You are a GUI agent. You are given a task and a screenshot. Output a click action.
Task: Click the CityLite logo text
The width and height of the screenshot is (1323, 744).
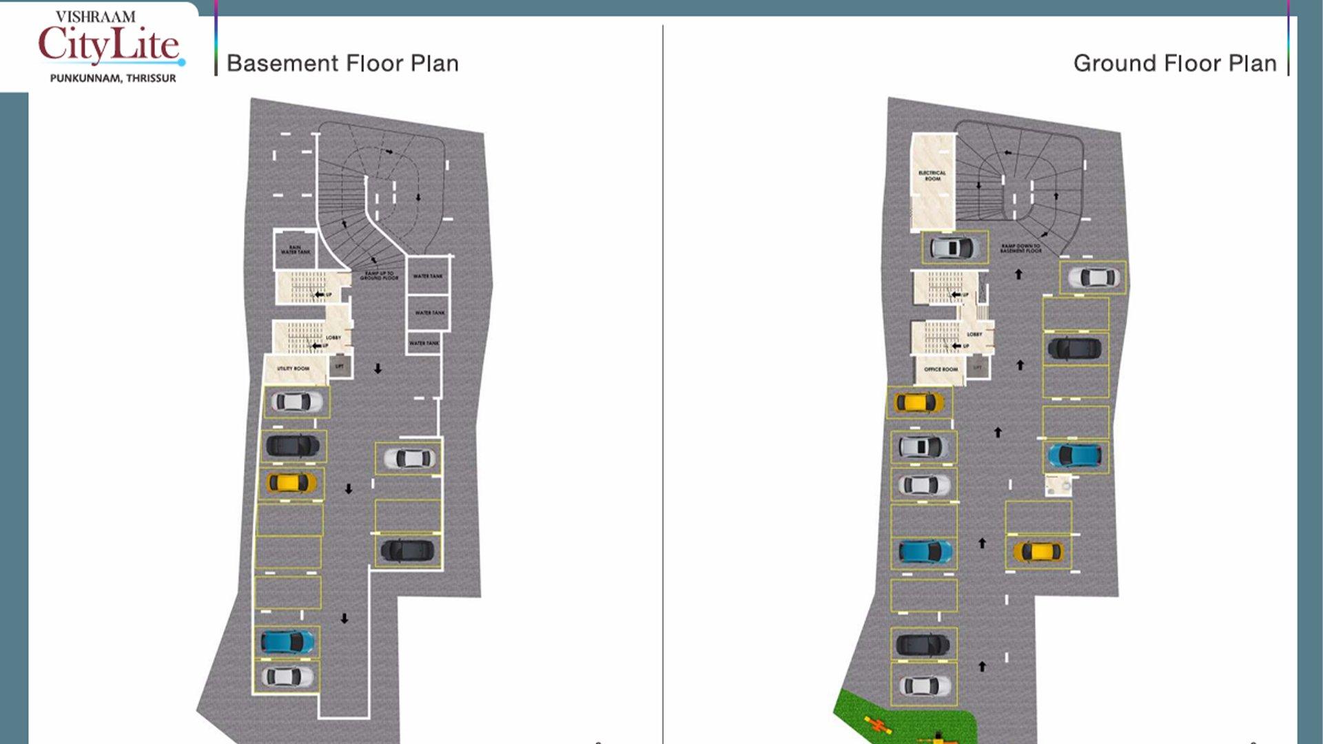[109, 45]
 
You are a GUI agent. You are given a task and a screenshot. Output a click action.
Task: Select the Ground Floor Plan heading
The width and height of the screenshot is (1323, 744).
[1174, 63]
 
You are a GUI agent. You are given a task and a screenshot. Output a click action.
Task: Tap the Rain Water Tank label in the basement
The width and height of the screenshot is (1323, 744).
[295, 249]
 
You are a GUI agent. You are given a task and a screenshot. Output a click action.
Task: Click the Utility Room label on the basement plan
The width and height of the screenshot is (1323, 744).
[293, 369]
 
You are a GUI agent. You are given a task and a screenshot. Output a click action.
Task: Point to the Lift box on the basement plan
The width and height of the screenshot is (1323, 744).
[340, 366]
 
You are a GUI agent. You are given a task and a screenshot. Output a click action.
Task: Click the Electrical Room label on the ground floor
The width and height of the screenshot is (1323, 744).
[932, 176]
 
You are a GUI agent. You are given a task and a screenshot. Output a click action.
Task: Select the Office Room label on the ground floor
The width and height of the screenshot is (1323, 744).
[941, 369]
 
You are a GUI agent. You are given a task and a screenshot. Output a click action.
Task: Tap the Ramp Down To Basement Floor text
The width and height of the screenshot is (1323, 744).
[1021, 248]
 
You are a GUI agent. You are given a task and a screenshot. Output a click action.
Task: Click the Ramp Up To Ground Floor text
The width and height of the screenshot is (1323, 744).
[379, 276]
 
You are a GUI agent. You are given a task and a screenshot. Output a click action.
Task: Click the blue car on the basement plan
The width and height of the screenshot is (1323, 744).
[287, 642]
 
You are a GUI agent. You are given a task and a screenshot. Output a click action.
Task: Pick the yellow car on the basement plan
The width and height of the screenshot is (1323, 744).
[291, 482]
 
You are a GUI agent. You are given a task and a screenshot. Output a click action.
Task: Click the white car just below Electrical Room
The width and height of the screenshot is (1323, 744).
[954, 247]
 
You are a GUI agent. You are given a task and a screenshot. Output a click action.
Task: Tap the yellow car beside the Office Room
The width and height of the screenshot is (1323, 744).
[919, 402]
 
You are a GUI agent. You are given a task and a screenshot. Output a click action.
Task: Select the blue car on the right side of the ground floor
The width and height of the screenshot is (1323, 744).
[1074, 455]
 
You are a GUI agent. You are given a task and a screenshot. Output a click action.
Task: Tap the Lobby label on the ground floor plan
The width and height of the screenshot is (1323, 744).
[974, 334]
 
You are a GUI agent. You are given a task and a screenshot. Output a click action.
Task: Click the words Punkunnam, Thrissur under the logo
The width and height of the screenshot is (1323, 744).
[113, 79]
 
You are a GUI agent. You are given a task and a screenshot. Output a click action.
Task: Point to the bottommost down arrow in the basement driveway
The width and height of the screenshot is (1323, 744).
[345, 619]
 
